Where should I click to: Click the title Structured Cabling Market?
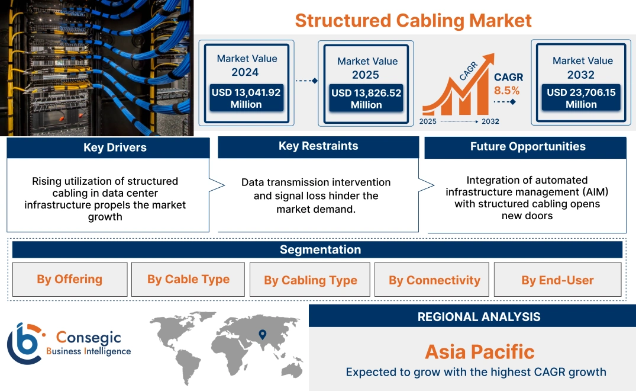[x=413, y=20]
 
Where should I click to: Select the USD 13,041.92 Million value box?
[x=246, y=98]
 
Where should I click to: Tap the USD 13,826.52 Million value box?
[x=366, y=99]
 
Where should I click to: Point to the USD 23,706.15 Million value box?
[x=581, y=98]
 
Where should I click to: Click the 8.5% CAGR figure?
[x=506, y=91]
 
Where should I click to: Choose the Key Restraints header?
[x=318, y=146]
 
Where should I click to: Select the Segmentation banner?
[x=320, y=249]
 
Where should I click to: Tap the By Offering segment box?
[x=70, y=280]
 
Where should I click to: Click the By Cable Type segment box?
[x=188, y=280]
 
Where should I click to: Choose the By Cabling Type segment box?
[x=310, y=280]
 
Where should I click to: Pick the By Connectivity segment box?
[x=434, y=280]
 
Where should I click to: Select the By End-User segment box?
[x=557, y=280]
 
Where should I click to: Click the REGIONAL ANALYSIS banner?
[x=479, y=317]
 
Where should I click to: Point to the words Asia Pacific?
[x=479, y=352]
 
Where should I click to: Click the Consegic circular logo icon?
[x=25, y=344]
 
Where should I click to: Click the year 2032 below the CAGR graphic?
[x=489, y=121]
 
